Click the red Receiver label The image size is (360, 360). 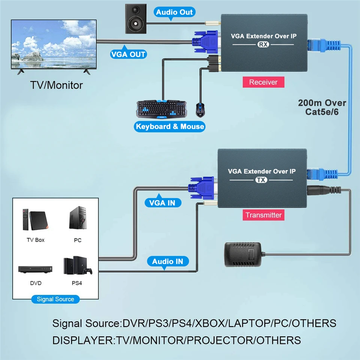(x=263, y=82)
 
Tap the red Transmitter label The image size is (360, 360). (x=263, y=215)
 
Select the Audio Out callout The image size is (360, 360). (x=174, y=12)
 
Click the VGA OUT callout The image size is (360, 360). (x=128, y=54)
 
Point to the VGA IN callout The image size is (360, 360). (x=162, y=203)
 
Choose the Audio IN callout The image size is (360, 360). (x=168, y=261)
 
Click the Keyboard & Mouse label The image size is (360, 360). (x=170, y=126)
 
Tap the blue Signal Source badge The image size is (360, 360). (x=55, y=299)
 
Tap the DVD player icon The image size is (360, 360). (x=36, y=269)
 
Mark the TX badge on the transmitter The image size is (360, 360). (x=261, y=180)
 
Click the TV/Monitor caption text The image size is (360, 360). (x=56, y=85)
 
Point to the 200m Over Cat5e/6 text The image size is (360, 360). (x=322, y=107)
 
